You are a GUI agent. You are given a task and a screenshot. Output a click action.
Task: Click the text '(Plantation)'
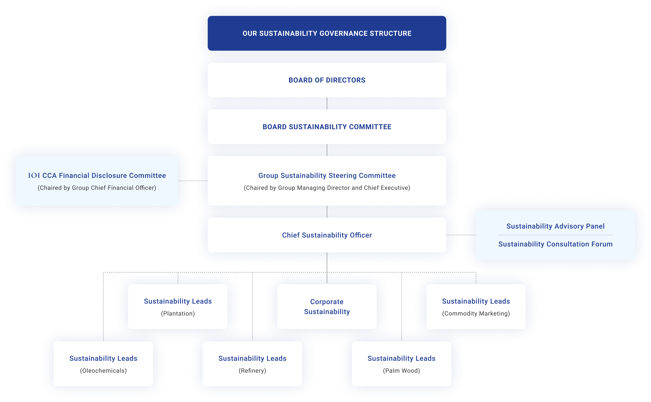pos(178,313)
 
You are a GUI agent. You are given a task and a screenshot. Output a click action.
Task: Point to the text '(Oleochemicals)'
pos(103,371)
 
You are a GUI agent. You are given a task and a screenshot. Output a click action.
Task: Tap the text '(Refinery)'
pos(252,371)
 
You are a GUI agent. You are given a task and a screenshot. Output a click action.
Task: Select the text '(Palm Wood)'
pos(401,371)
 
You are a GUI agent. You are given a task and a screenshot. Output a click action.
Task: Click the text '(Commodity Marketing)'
pos(476,313)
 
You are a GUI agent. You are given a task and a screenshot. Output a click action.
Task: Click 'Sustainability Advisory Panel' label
pos(555,226)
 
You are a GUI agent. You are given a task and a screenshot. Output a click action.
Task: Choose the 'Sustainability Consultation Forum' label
pos(555,244)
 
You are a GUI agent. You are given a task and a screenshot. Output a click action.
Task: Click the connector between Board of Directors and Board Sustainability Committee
pos(327,103)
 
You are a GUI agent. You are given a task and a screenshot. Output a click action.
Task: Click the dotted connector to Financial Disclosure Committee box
pos(193,181)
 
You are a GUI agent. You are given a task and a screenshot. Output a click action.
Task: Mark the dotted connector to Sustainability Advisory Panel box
pos(461,235)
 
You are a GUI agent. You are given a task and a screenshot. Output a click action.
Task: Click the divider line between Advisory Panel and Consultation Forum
pos(555,235)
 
